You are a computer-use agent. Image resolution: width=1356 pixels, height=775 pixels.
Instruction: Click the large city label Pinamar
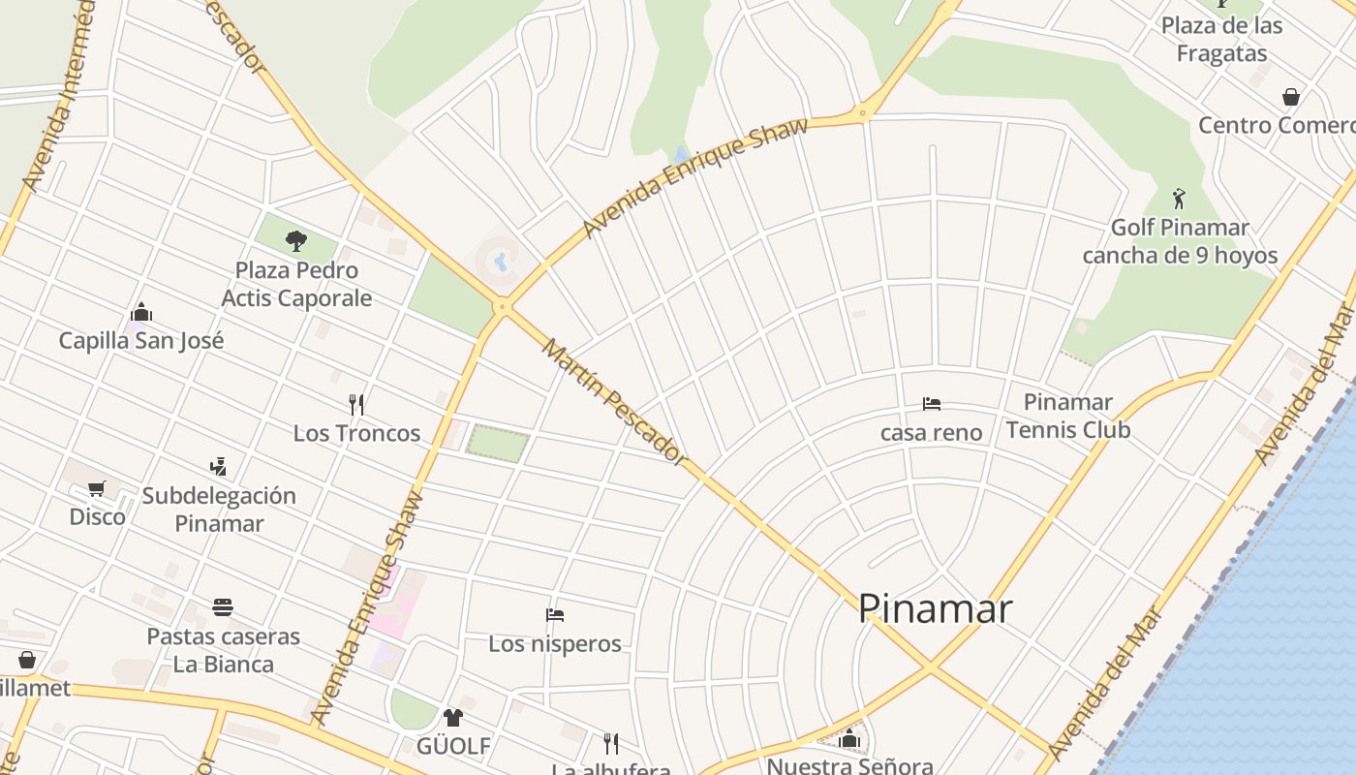pos(935,608)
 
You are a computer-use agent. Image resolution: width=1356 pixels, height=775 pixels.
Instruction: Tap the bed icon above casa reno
pos(932,404)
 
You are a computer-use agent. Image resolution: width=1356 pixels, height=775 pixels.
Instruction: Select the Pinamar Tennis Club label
pos(1067,416)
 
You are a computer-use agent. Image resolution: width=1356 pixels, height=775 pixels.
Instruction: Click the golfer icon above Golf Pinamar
pos(1179,199)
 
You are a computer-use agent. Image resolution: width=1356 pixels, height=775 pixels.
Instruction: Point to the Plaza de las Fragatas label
pos(1221,40)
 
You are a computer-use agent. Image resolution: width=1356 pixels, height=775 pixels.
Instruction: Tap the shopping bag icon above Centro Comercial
pos(1290,97)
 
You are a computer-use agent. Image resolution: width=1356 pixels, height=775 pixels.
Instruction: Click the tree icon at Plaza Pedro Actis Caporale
pos(296,240)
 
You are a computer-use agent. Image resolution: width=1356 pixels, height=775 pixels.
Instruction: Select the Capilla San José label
pos(141,341)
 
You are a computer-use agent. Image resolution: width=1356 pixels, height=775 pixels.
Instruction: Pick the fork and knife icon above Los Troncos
pos(356,404)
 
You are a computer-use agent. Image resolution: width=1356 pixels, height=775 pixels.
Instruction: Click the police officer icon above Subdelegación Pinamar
pos(218,467)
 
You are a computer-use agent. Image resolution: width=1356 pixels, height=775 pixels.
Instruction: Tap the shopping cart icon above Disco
pos(96,488)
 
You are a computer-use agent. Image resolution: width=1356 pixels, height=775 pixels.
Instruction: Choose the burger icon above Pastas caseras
pos(223,608)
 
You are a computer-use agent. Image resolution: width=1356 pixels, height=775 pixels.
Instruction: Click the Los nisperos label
pos(555,643)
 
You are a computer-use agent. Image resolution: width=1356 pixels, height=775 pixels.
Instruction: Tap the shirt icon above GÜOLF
pos(452,718)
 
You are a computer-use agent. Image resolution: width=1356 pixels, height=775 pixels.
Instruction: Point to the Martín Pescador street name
pos(614,401)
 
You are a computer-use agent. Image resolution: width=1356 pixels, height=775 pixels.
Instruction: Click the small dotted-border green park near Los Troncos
pos(498,443)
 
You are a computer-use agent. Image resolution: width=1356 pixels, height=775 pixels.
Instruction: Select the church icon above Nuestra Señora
pos(849,739)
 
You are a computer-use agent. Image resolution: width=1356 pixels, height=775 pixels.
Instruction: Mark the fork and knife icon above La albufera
pos(610,743)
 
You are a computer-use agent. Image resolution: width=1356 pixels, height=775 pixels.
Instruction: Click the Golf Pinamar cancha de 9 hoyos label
pos(1180,241)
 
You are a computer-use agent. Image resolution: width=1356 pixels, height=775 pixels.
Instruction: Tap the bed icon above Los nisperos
pos(555,615)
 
